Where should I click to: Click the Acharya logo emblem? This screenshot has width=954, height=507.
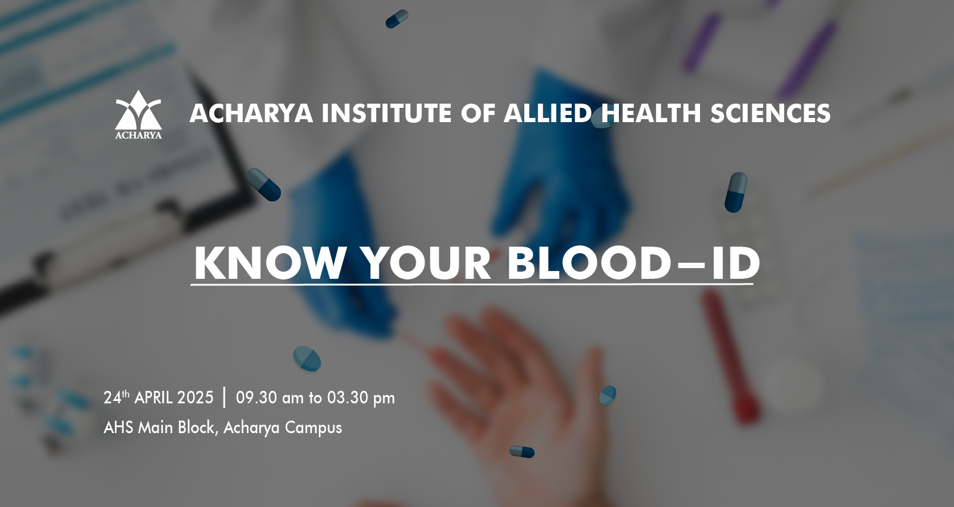[138, 114]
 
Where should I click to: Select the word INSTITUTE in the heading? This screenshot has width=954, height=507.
[386, 114]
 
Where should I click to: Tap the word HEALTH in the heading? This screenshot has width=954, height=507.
[651, 114]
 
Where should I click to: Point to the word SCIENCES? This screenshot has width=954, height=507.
[770, 114]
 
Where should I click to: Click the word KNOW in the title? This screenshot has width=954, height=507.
[270, 263]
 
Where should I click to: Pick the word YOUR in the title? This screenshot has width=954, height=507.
[428, 263]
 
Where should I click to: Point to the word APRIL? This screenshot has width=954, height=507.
[153, 397]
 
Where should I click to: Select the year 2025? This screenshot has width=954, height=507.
[195, 397]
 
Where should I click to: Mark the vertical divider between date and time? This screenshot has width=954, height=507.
[224, 397]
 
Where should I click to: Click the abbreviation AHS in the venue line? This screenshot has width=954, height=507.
[119, 427]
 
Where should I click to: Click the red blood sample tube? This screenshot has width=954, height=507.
[731, 356]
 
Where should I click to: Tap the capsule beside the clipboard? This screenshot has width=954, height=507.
[264, 184]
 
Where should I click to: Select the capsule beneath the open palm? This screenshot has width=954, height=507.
[522, 452]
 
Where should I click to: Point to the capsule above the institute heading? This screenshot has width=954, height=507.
[397, 18]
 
